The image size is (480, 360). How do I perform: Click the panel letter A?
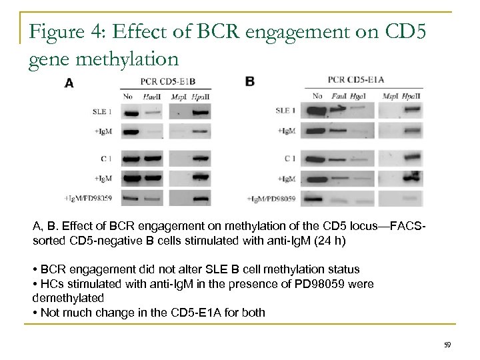(69, 83)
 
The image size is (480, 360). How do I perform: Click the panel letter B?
(249, 81)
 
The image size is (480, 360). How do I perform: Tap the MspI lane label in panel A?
(178, 97)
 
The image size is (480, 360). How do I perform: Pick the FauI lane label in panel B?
(339, 95)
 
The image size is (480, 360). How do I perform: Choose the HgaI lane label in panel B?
(359, 95)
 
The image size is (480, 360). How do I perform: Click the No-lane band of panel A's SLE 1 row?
(130, 114)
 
